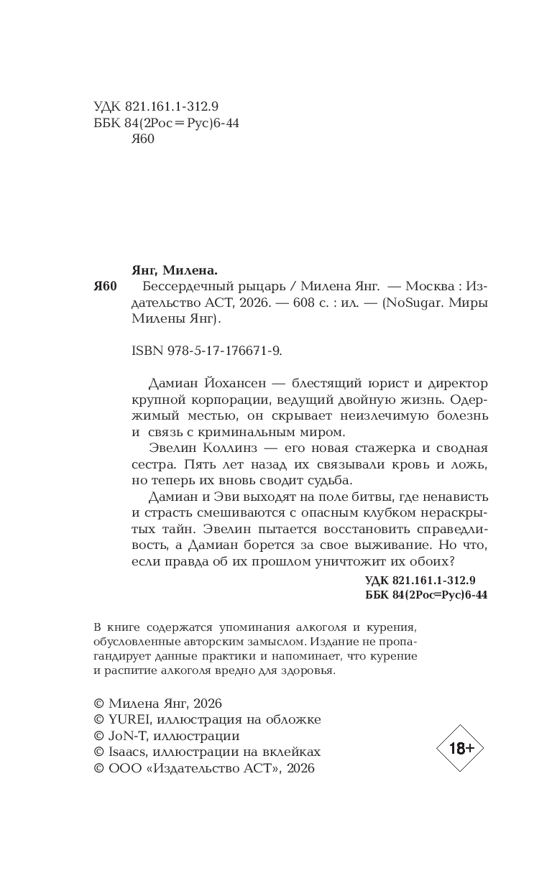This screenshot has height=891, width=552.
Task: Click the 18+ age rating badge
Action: pos(460,748)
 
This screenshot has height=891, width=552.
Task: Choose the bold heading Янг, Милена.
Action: pos(174,270)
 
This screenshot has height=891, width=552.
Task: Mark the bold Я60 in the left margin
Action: pos(105,287)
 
